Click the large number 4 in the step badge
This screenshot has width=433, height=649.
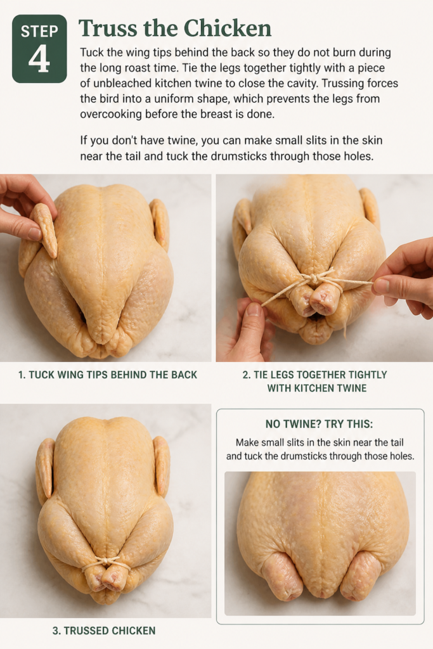click(x=39, y=58)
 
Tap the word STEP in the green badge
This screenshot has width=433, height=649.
click(x=39, y=32)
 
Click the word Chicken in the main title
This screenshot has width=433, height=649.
click(x=227, y=28)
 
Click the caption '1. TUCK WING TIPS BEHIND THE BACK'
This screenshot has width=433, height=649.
click(x=108, y=375)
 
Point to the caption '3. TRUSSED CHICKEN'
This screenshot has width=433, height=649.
click(x=104, y=631)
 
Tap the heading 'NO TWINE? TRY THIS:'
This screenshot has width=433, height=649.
click(x=319, y=424)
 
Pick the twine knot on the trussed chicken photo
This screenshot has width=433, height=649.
click(x=105, y=562)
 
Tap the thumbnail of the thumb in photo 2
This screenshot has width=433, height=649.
click(x=254, y=309)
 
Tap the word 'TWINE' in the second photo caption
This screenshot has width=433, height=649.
click(x=352, y=389)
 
